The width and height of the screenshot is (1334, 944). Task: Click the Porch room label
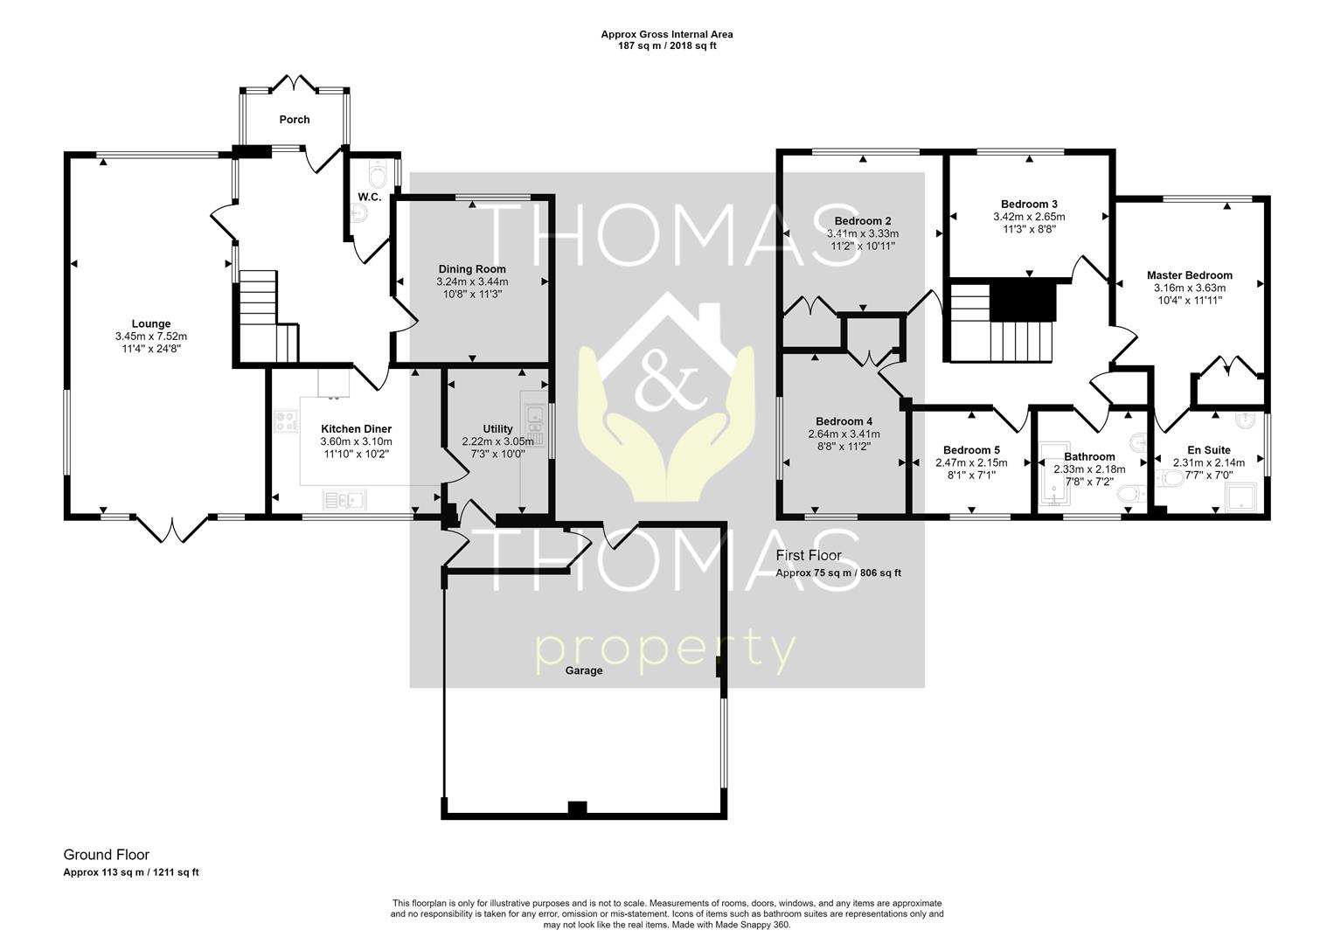295,120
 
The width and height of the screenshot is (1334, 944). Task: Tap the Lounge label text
151,324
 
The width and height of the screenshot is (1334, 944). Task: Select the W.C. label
369,198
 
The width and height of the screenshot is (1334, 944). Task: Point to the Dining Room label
472,269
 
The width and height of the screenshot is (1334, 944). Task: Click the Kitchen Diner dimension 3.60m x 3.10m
356,442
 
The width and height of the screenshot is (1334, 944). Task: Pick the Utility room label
498,429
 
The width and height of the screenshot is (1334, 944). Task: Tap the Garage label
584,670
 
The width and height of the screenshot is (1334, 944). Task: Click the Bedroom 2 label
862,221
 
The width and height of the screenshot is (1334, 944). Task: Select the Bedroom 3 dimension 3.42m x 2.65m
1029,217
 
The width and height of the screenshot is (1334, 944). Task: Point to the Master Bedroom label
1189,275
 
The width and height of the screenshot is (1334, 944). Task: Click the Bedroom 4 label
844,421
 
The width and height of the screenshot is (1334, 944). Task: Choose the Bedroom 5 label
971,450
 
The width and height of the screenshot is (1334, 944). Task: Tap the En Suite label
1209,450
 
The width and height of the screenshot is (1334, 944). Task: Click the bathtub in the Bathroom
1053,474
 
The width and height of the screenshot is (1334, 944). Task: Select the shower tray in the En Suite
1240,496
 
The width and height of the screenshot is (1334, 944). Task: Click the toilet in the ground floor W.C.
379,173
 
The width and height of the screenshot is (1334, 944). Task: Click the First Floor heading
808,555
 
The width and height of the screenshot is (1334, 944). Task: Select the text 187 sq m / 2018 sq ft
667,45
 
